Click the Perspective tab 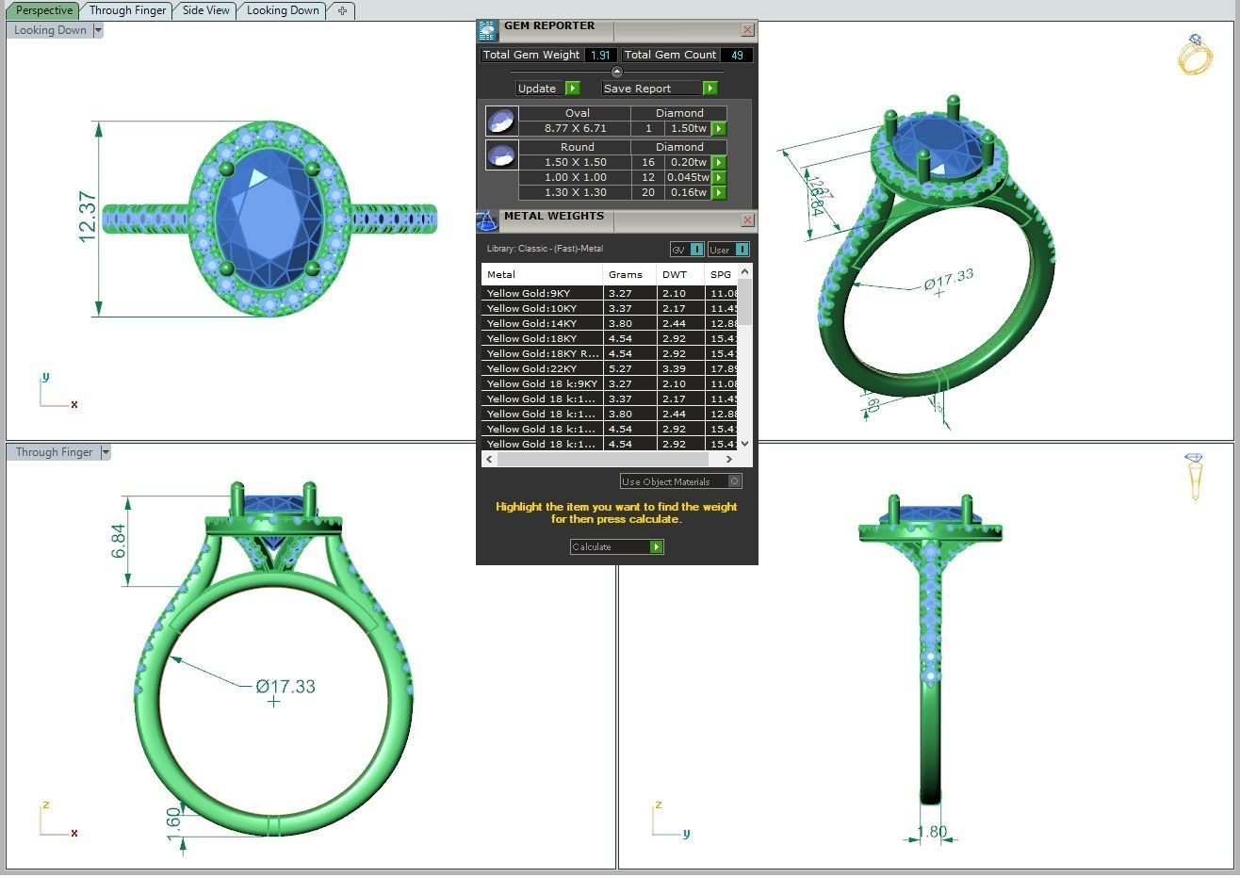click(x=43, y=10)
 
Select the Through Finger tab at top click(x=127, y=10)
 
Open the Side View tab click(x=205, y=10)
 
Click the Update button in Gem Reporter click(x=547, y=89)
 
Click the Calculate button click(x=616, y=546)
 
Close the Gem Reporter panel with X click(x=747, y=30)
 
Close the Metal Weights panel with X click(x=747, y=219)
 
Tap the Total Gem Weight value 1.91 click(x=601, y=56)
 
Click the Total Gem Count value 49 click(x=736, y=56)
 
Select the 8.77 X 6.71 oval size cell click(x=575, y=128)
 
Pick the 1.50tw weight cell click(x=688, y=128)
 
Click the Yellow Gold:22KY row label click(x=531, y=368)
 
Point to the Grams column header click(x=625, y=274)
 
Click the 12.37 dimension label click(x=87, y=217)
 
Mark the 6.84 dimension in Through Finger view click(x=119, y=541)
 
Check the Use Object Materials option click(x=735, y=481)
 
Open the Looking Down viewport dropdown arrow click(x=98, y=30)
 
